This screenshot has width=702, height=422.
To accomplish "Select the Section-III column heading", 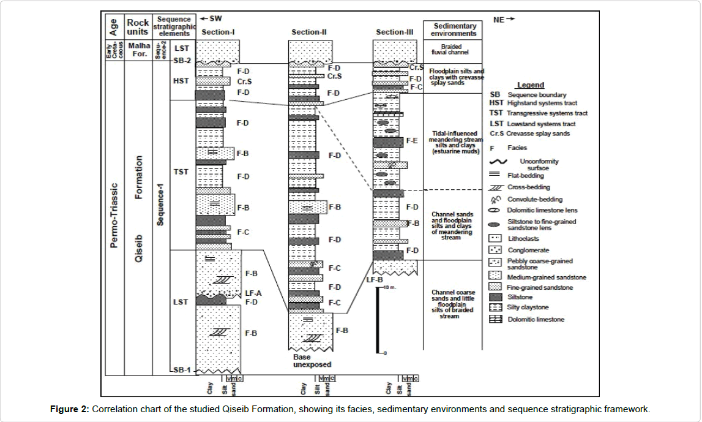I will tap(394, 32).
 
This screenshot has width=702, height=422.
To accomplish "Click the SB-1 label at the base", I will tap(181, 369).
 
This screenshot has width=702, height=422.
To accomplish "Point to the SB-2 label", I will tap(182, 61).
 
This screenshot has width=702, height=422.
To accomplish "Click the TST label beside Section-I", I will tap(181, 172).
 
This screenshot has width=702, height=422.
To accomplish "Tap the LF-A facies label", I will tap(253, 293).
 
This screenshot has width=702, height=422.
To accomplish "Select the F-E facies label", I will tap(411, 141).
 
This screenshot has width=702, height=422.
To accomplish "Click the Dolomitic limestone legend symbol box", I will tap(496, 319).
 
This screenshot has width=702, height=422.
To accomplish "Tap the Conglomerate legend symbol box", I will tap(496, 250).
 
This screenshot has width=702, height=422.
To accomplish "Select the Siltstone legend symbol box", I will tap(496, 296).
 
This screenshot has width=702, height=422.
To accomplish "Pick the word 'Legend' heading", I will tap(530, 85).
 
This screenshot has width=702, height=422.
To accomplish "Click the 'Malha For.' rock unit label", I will tap(138, 48).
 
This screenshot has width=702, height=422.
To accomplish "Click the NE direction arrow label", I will tap(504, 20).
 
